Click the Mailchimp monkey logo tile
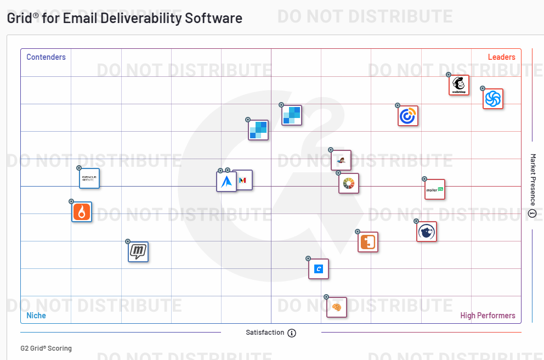click(459, 85)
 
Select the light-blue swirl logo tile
click(493, 99)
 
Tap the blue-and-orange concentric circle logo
click(408, 116)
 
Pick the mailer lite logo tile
click(435, 189)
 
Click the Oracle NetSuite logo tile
click(89, 178)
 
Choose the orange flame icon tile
click(82, 212)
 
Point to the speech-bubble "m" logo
click(138, 252)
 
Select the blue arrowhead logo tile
click(226, 182)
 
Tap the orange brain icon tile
click(337, 307)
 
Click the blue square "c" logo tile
click(319, 269)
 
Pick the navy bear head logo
click(427, 232)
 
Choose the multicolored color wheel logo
click(349, 183)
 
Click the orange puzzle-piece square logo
click(368, 241)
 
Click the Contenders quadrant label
click(46, 57)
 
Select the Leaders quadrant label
click(501, 57)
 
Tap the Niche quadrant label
click(36, 316)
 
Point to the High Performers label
click(488, 316)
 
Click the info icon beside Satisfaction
click(292, 333)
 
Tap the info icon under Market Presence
click(532, 213)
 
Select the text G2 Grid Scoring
click(46, 348)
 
